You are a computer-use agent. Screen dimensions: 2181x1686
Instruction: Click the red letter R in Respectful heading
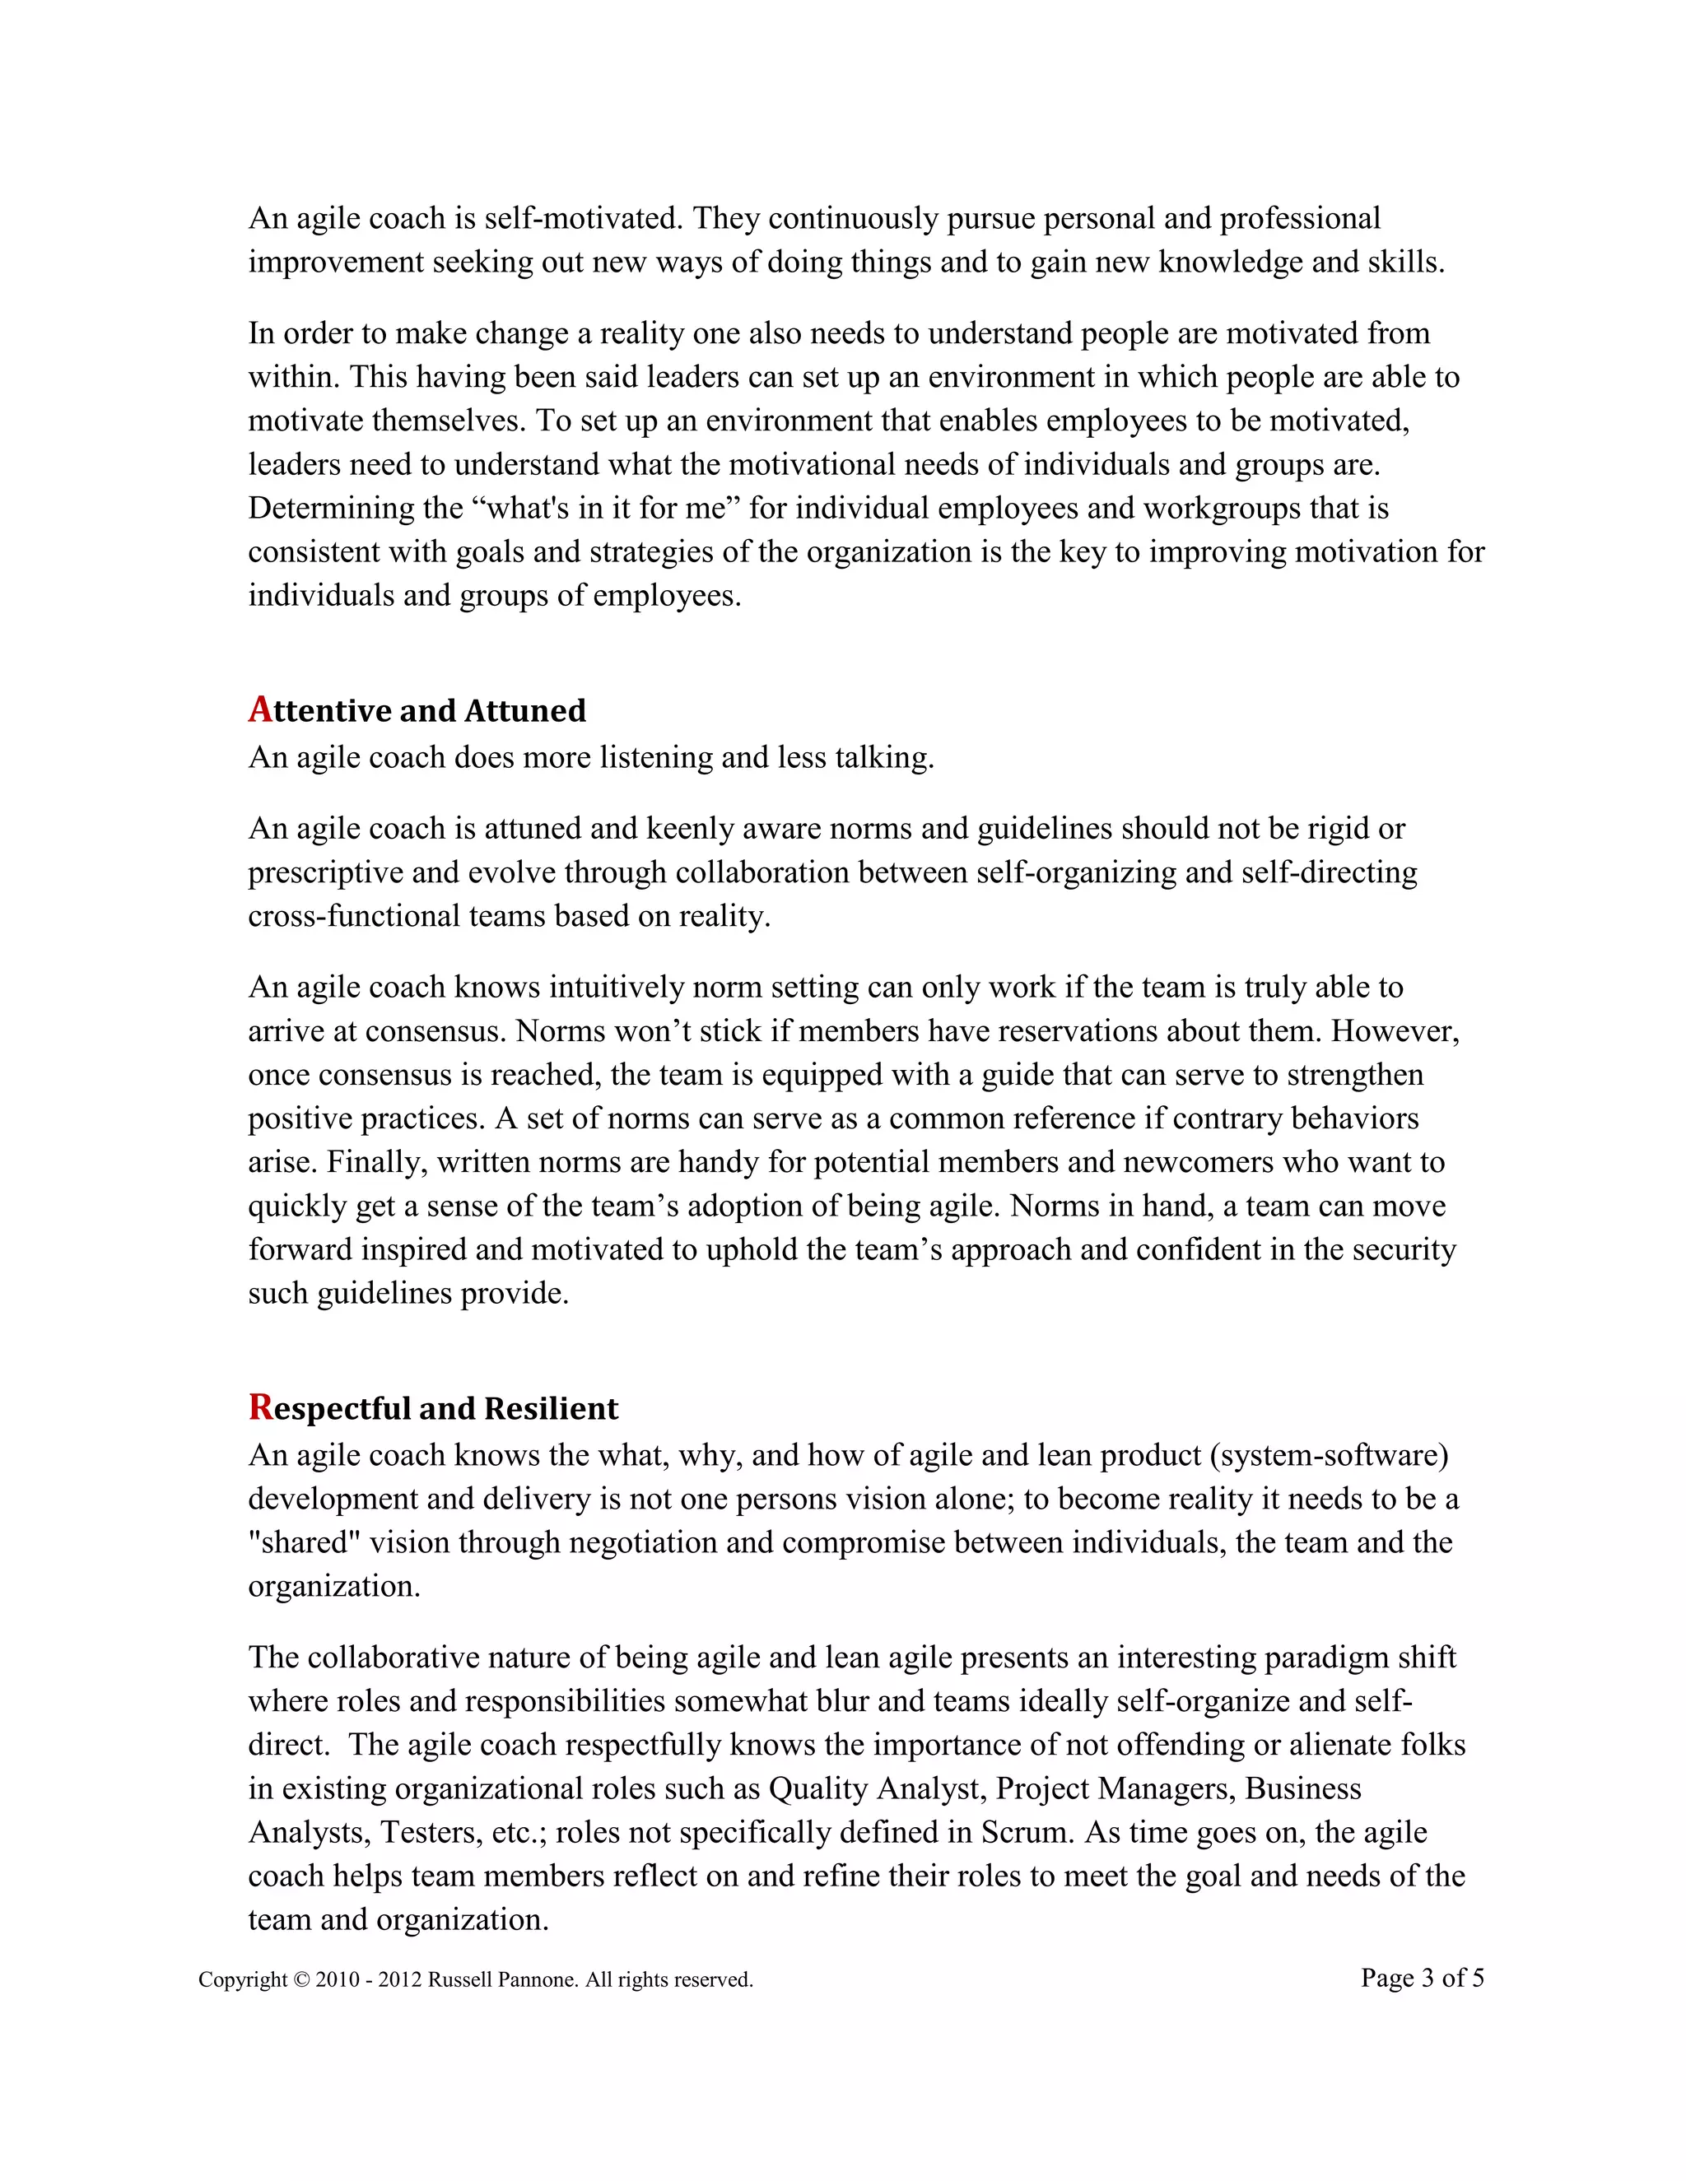click(x=261, y=1407)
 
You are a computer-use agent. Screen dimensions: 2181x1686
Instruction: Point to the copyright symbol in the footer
click(x=301, y=1980)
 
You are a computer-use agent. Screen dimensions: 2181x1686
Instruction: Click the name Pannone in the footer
click(x=542, y=1980)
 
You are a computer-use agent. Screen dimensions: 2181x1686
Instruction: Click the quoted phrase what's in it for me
click(x=605, y=509)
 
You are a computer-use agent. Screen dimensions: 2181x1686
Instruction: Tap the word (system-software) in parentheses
click(x=1329, y=1455)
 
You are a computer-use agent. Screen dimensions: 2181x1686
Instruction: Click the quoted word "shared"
click(x=304, y=1543)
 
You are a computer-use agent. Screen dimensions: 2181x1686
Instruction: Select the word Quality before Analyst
click(x=817, y=1788)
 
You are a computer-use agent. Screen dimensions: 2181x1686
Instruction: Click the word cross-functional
click(x=355, y=916)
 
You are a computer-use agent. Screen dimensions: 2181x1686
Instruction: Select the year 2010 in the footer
click(x=337, y=1980)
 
